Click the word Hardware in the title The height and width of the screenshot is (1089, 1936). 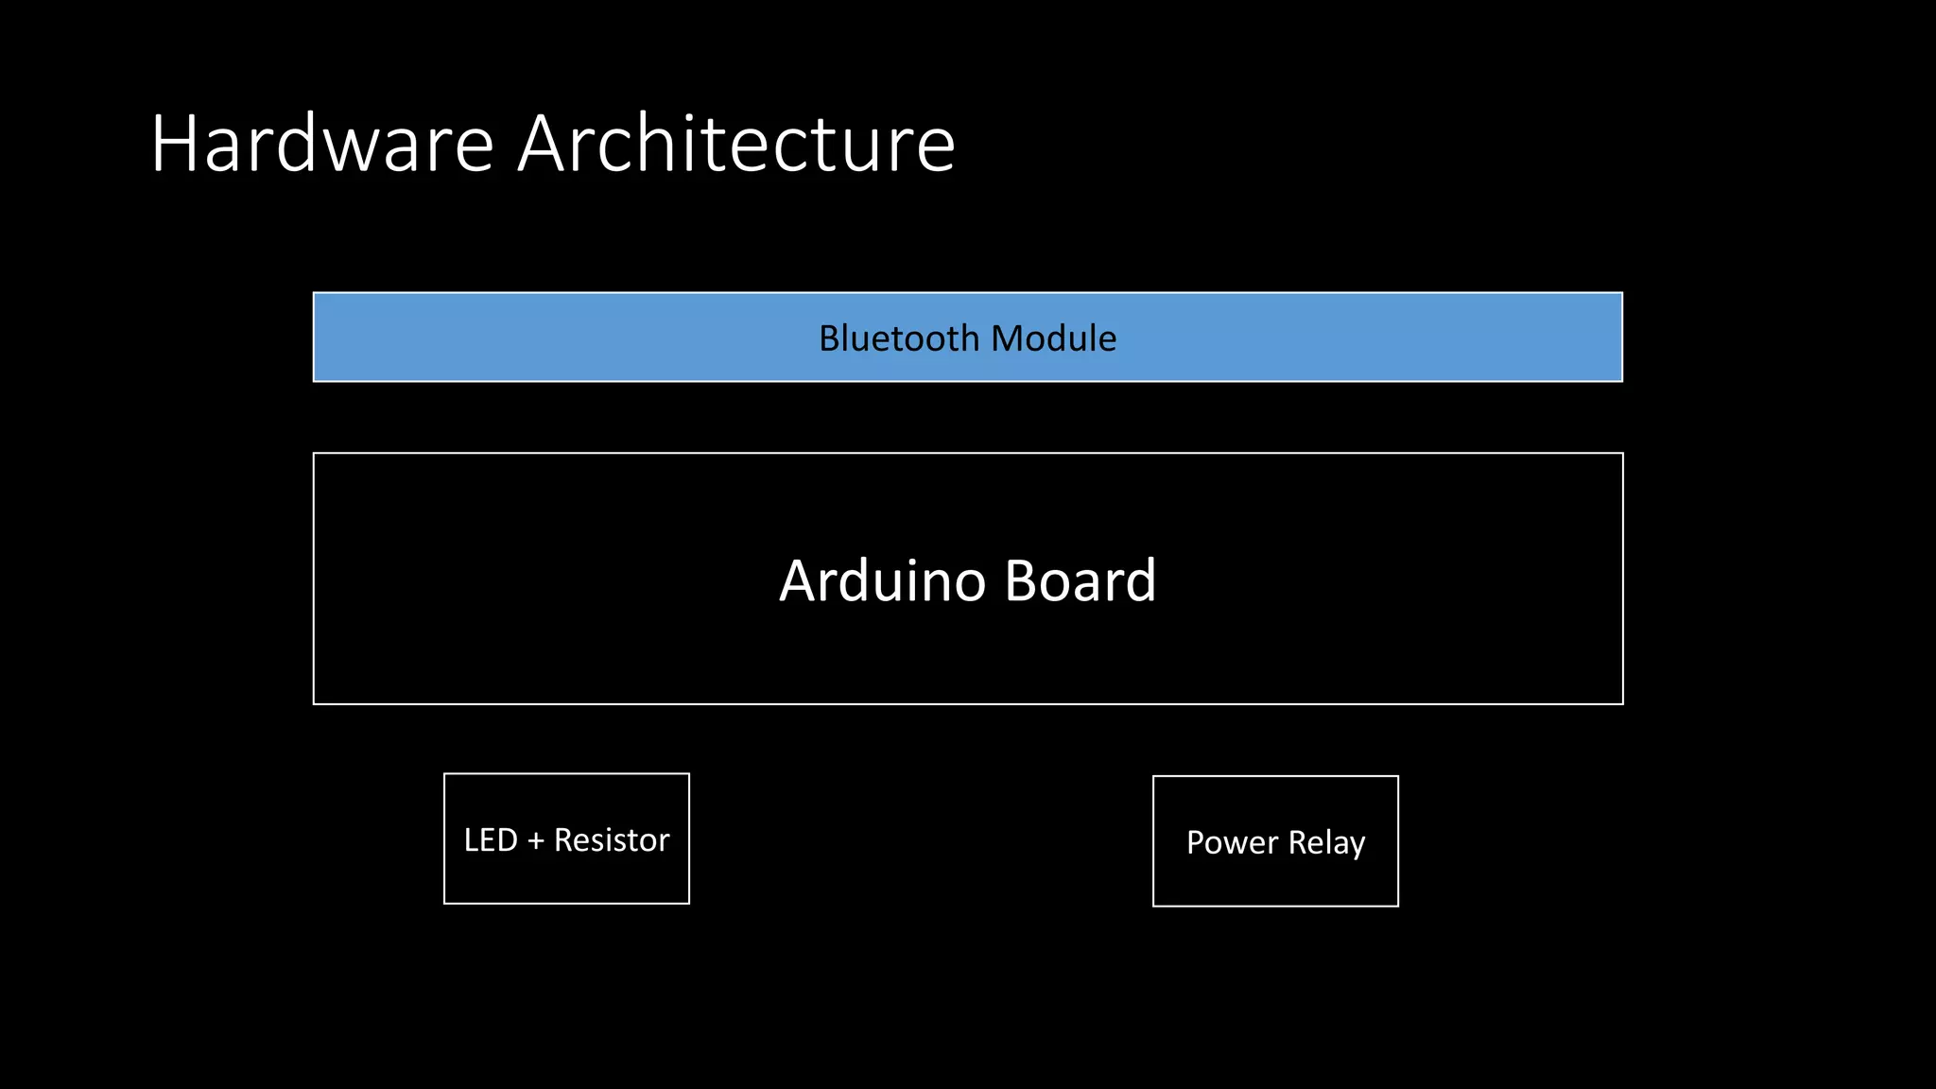(x=322, y=144)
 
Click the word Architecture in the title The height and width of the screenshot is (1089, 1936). (x=736, y=144)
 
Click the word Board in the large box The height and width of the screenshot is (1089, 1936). (x=1080, y=580)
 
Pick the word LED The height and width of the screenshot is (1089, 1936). (x=491, y=840)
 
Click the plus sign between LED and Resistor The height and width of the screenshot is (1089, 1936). (x=536, y=841)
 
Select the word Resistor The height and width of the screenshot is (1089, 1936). (x=612, y=840)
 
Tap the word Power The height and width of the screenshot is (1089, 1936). (x=1232, y=842)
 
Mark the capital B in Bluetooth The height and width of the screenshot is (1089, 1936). (x=830, y=338)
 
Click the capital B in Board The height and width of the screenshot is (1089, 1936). (x=1022, y=580)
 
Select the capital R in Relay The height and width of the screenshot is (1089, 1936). (x=1298, y=842)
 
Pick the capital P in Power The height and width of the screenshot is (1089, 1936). (x=1196, y=842)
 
